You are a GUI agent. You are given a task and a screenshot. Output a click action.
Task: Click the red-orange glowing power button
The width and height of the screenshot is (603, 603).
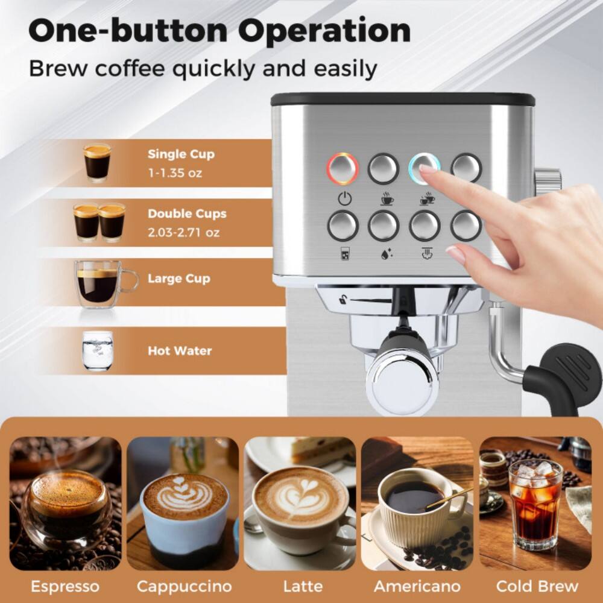tap(343, 168)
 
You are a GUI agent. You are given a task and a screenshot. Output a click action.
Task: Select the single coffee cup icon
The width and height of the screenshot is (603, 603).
tap(385, 198)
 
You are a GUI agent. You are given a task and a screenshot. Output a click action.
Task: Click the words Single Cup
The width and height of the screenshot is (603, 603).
tap(181, 154)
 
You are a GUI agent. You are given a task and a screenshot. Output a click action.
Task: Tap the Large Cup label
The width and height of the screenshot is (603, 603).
tap(178, 279)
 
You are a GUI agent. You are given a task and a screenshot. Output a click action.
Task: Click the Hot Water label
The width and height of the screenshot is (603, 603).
tap(180, 351)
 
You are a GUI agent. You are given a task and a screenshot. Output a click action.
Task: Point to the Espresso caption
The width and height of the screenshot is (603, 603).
tap(65, 586)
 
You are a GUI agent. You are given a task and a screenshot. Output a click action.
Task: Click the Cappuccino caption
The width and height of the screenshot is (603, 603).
tap(184, 586)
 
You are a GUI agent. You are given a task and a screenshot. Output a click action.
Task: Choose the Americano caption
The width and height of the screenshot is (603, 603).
tap(417, 586)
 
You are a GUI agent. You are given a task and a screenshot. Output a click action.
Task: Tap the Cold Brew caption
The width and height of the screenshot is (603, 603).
tap(537, 586)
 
